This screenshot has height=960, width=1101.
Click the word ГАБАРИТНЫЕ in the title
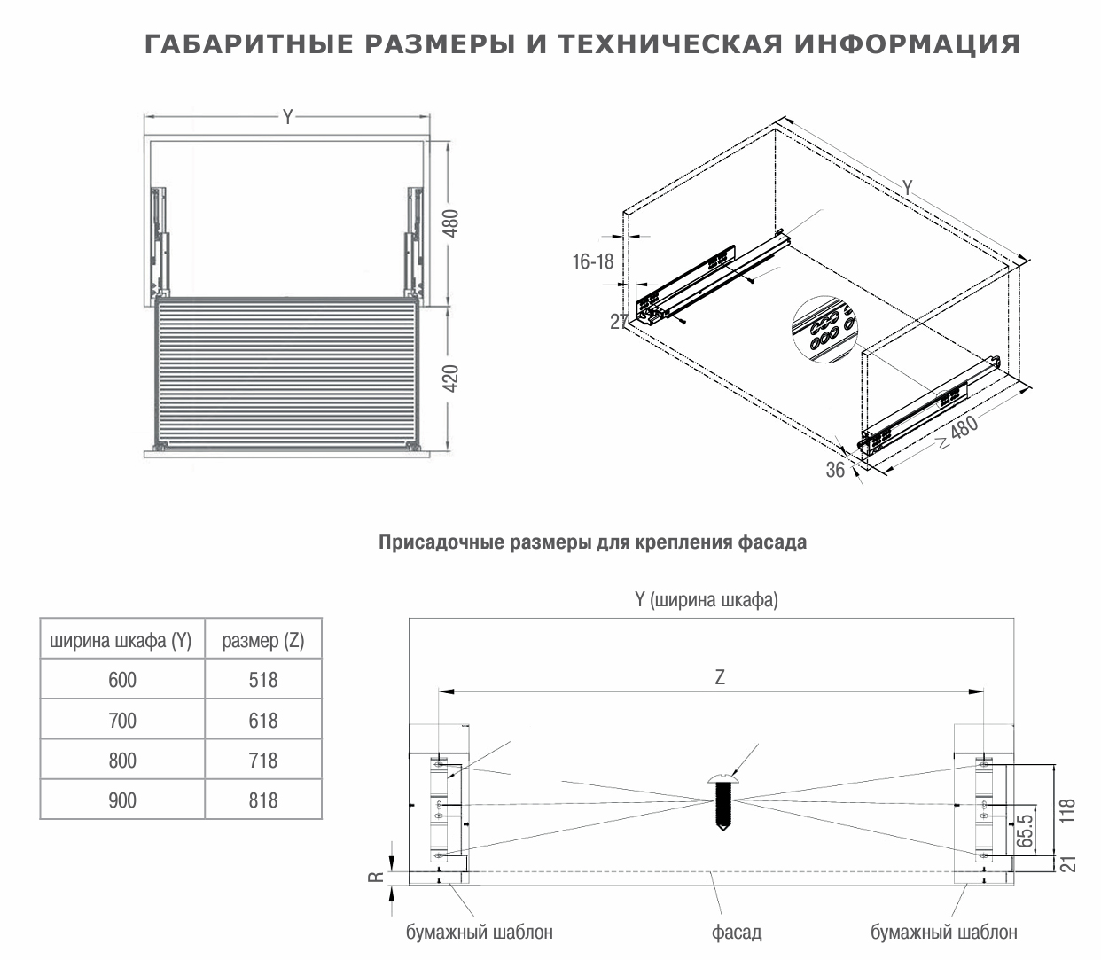(226, 44)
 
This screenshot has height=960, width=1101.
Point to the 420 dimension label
(451, 378)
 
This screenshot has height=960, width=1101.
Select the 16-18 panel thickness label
(593, 261)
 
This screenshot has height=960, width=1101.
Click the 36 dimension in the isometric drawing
(835, 471)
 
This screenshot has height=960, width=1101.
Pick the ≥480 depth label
(957, 433)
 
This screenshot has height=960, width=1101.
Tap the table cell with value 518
(263, 680)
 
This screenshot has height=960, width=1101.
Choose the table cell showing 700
(122, 720)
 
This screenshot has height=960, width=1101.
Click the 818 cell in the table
(263, 800)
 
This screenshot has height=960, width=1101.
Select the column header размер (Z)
(263, 641)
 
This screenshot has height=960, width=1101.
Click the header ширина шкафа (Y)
(121, 641)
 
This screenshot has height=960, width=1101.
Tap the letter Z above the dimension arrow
(720, 678)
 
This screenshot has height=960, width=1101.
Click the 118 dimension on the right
(1067, 812)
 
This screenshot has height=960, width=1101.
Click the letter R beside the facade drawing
(376, 878)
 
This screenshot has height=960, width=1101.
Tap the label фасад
(737, 932)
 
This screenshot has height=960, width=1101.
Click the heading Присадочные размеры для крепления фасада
(592, 542)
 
